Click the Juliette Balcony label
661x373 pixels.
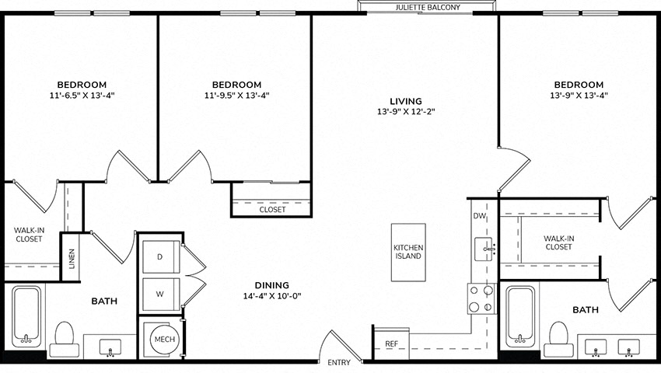(x=428, y=7)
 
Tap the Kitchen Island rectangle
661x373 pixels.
(x=408, y=252)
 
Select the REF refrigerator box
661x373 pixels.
(x=391, y=343)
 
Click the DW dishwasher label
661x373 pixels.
(x=479, y=216)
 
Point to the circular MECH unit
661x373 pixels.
(x=165, y=339)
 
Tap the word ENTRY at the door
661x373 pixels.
(x=339, y=362)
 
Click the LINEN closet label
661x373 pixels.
(x=72, y=258)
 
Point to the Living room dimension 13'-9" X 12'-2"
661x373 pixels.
(x=406, y=112)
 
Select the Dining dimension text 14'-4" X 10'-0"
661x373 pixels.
(x=272, y=296)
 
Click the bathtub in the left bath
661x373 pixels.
(x=26, y=315)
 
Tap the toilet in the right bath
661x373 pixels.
(x=558, y=340)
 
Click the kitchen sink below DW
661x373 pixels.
(x=484, y=249)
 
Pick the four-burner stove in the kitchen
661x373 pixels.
(x=481, y=298)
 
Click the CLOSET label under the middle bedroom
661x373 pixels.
(x=272, y=210)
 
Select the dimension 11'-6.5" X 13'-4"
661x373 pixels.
(x=82, y=96)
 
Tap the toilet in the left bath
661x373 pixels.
(x=65, y=340)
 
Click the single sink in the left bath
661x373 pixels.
(x=110, y=347)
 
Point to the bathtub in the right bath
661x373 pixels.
(x=520, y=315)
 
